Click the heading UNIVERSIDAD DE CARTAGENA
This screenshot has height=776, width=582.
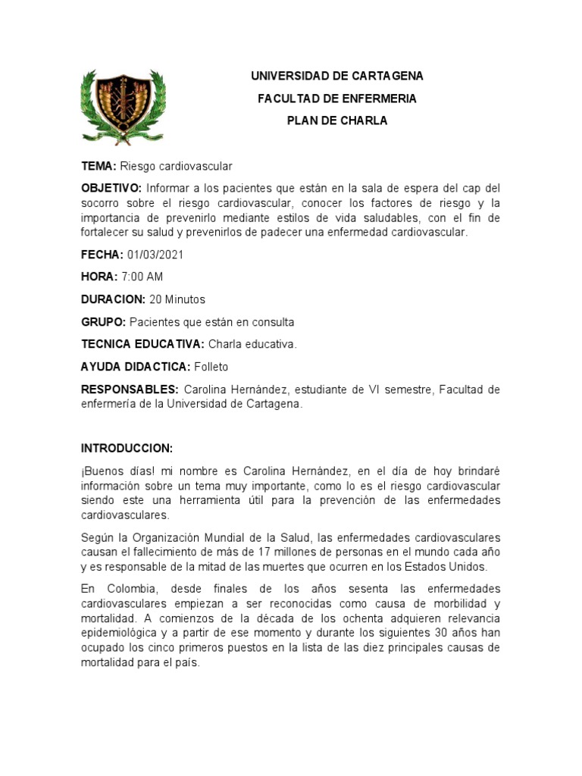(x=337, y=77)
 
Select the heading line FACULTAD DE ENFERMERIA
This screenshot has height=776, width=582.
(x=337, y=99)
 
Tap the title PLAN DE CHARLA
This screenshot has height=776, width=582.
(x=337, y=120)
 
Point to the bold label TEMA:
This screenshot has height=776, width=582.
(x=99, y=165)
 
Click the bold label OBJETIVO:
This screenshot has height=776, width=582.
(x=111, y=188)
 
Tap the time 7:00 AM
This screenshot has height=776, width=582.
(x=142, y=277)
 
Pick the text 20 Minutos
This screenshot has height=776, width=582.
(x=177, y=299)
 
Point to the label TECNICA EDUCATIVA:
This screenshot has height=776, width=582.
(x=142, y=344)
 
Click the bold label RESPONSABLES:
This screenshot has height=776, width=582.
(x=130, y=389)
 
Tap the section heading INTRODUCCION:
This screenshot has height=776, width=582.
(x=127, y=448)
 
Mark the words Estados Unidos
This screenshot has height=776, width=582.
(x=442, y=566)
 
